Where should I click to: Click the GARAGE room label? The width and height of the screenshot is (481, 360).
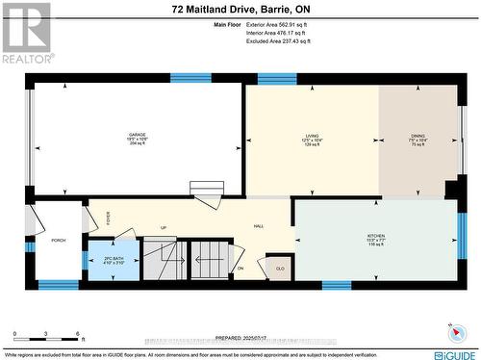pyautogui.click(x=138, y=136)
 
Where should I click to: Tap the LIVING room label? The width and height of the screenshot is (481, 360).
pyautogui.click(x=312, y=136)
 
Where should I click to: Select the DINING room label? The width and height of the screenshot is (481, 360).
pyautogui.click(x=418, y=136)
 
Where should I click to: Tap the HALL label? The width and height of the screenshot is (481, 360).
pyautogui.click(x=259, y=225)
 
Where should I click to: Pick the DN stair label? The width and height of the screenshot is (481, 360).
pyautogui.click(x=240, y=268)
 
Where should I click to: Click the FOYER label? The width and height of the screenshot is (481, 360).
pyautogui.click(x=109, y=218)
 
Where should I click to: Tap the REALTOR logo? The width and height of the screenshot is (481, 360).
pyautogui.click(x=25, y=33)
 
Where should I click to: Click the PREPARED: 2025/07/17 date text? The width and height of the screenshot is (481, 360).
pyautogui.click(x=240, y=337)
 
